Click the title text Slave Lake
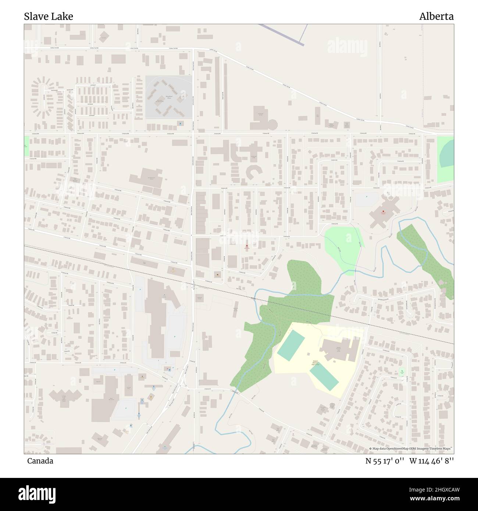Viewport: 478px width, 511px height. pos(49,17)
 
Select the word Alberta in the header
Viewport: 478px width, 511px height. pos(436,17)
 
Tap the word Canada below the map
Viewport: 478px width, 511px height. pos(40,461)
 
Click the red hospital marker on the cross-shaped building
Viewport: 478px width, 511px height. pos(383,212)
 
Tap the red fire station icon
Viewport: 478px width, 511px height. pos(246,246)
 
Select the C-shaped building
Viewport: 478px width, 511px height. pos(252,172)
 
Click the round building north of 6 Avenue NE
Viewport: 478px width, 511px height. pos(273,124)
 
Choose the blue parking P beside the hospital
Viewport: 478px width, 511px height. pos(366,196)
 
